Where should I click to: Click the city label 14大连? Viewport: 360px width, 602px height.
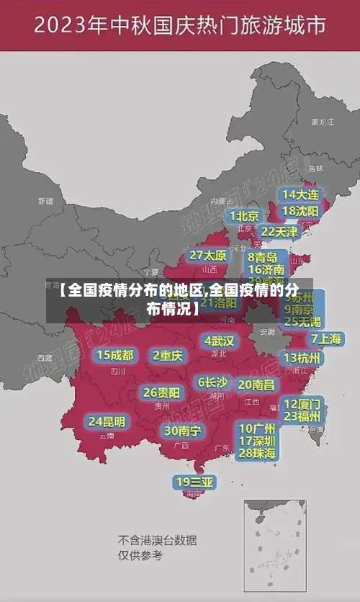[x=300, y=194]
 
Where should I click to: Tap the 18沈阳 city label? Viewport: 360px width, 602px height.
[x=300, y=211]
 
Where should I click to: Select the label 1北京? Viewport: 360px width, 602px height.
[x=245, y=215]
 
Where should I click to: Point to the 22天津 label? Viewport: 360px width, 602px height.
[x=279, y=232]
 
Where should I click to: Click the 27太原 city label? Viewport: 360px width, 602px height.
[x=208, y=255]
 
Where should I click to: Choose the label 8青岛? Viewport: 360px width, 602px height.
[x=263, y=257]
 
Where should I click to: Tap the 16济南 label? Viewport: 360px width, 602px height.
[x=266, y=270]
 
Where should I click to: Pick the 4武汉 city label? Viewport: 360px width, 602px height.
[x=219, y=340]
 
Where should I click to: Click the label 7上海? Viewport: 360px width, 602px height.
[x=326, y=338]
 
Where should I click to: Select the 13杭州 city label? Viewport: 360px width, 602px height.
[x=302, y=358]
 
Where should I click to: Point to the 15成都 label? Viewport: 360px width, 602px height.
[x=115, y=354]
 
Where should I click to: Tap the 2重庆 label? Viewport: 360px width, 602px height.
[x=168, y=355]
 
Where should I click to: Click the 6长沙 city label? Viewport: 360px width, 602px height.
[x=212, y=382]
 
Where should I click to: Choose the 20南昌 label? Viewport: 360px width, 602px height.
[x=256, y=385]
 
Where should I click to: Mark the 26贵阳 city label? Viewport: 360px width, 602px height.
[x=161, y=392]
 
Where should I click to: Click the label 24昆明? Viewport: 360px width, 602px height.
[x=107, y=421]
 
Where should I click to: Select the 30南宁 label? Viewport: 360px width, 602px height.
[x=182, y=430]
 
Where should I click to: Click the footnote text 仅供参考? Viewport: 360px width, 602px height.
[x=140, y=555]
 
